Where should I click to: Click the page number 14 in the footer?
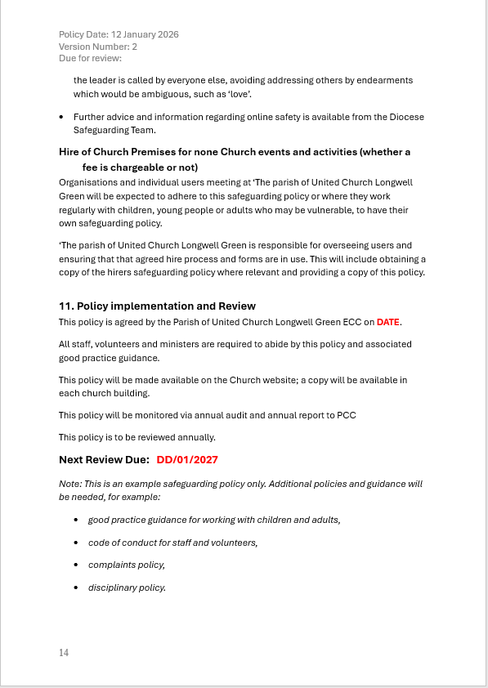(x=64, y=652)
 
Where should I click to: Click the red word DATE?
(x=388, y=322)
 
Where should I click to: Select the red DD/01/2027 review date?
(x=187, y=460)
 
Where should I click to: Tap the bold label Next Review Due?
(x=104, y=460)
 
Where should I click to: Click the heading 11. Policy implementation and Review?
(x=157, y=306)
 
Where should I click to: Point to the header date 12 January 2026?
(x=144, y=34)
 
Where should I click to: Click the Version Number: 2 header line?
(x=98, y=47)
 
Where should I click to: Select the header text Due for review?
(x=90, y=58)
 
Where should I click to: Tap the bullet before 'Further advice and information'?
(x=62, y=118)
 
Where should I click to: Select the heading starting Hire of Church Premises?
(x=235, y=152)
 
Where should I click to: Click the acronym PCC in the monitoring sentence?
(x=346, y=415)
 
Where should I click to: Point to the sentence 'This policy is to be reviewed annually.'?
(x=137, y=437)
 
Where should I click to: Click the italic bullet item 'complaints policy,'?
(x=127, y=565)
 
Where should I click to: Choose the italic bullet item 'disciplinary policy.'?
(x=127, y=587)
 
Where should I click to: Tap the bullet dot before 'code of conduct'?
(x=77, y=543)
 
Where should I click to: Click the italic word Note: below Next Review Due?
(x=70, y=484)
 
